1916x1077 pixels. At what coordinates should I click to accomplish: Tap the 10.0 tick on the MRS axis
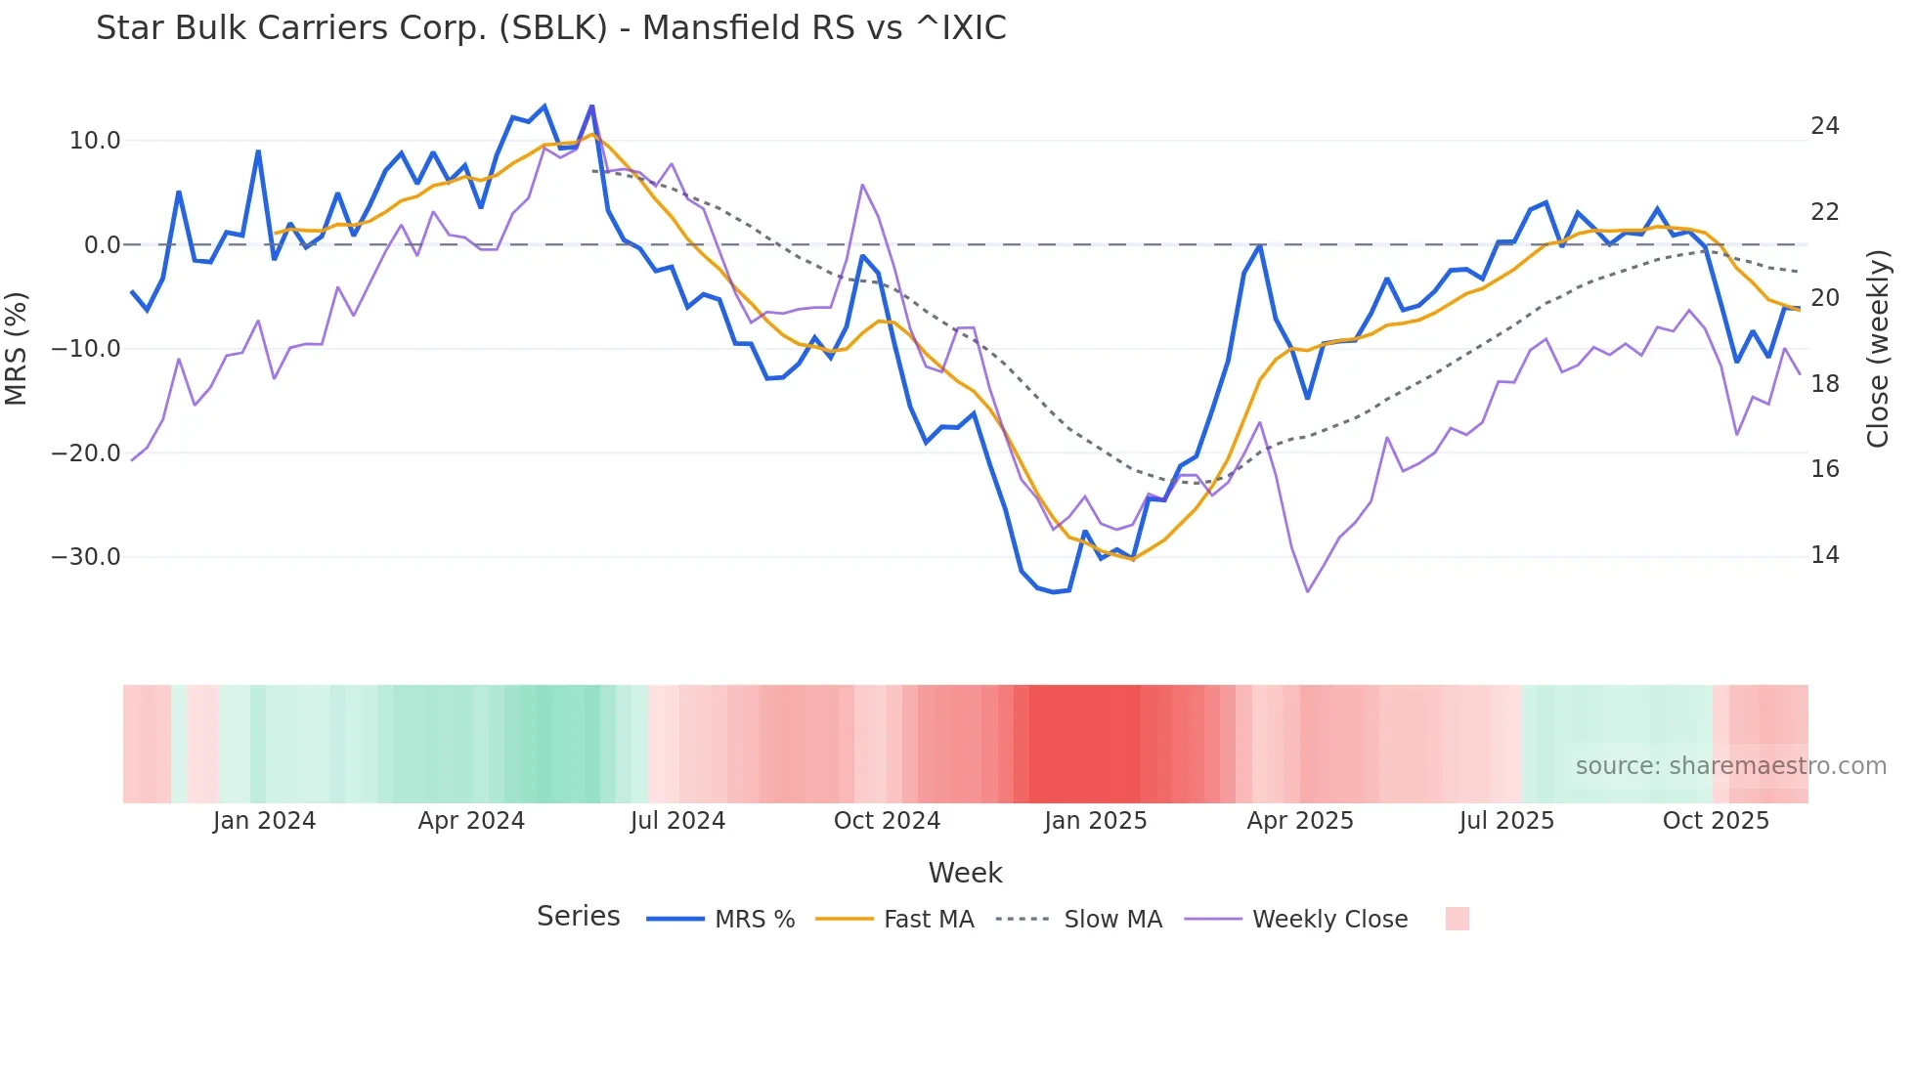click(94, 141)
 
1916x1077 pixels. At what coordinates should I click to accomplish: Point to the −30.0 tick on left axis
click(86, 557)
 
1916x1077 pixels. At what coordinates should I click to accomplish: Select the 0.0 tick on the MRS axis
click(102, 245)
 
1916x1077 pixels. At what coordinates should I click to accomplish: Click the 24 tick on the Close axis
click(1824, 126)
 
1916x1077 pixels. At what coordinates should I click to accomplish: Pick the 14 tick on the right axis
click(1824, 555)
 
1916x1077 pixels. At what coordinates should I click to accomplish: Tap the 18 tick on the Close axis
click(1824, 384)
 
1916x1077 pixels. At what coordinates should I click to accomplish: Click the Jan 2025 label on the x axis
click(1095, 821)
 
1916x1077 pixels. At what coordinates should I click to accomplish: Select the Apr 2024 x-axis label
click(471, 821)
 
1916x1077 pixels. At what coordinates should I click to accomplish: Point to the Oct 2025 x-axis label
click(1716, 821)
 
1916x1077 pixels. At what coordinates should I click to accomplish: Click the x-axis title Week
click(965, 873)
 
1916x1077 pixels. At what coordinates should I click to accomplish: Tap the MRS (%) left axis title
click(17, 348)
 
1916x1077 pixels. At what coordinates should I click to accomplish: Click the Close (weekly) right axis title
click(1878, 348)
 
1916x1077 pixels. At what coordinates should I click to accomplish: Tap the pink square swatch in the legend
click(1457, 919)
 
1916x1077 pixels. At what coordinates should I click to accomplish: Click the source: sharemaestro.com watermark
click(1730, 766)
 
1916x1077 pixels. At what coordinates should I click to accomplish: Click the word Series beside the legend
click(578, 917)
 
